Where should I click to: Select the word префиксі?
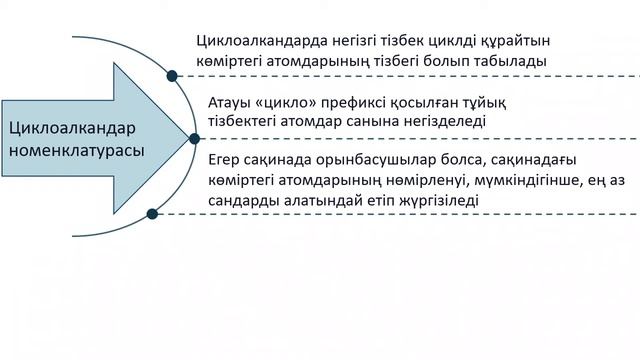379,102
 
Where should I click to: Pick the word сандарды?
248,201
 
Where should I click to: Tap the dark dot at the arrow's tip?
193,140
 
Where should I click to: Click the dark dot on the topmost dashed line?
173,76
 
